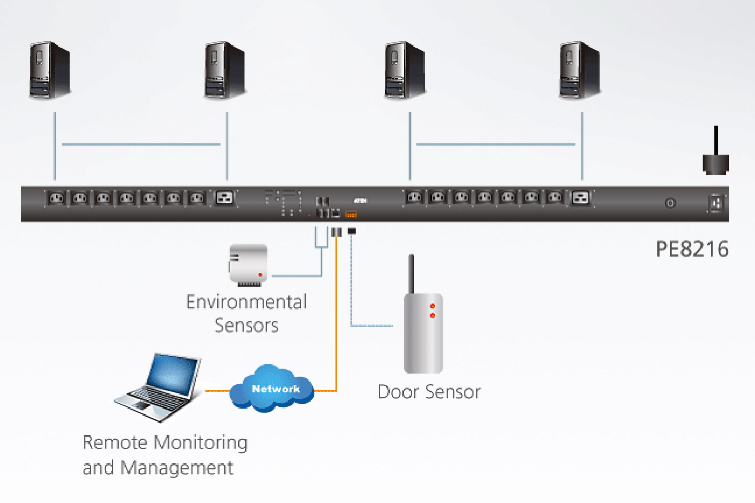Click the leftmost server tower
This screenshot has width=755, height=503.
50,70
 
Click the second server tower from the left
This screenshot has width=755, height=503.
225,70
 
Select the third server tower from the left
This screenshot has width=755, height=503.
405,70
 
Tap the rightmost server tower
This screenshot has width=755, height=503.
580,70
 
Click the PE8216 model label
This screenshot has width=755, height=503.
692,249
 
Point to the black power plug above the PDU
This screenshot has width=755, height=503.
716,162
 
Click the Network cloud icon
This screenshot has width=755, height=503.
272,388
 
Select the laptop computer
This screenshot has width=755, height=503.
159,386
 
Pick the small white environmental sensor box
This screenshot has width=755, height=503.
249,264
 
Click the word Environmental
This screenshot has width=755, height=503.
246,301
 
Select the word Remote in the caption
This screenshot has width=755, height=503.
115,443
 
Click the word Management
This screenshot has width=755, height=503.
177,467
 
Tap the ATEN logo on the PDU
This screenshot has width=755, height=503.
360,201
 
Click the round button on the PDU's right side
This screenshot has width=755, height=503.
670,203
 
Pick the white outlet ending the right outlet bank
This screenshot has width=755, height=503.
581,198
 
